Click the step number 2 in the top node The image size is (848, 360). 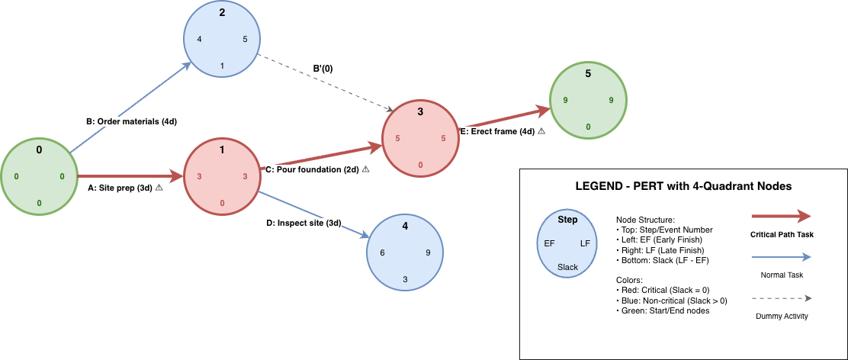pos(222,12)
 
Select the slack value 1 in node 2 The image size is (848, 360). pos(222,66)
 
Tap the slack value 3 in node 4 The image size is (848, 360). pos(405,279)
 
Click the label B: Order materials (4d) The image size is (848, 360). pos(131,121)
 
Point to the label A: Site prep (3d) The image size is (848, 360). pos(120,188)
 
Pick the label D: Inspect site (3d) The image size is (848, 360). pos(303,223)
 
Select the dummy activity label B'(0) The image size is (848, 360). pos(323,69)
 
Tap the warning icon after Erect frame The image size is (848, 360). pos(541,131)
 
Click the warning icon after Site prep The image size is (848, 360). pos(159,188)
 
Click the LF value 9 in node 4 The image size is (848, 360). pos(428,252)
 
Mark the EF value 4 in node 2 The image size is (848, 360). pos(199,39)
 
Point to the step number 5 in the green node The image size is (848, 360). pos(588,73)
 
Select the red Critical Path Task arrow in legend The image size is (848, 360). pos(782,217)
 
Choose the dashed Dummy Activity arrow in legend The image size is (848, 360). pos(782,299)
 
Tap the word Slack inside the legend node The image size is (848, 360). pos(568,267)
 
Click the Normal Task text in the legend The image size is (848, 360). pos(782,274)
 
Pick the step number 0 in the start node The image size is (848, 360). pos(39,149)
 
